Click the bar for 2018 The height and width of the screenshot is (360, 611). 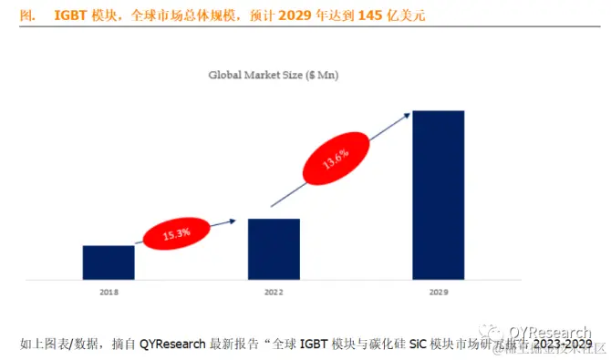pyautogui.click(x=109, y=262)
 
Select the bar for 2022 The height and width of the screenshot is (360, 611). pyautogui.click(x=274, y=249)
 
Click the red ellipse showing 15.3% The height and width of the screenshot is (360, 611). pyautogui.click(x=176, y=233)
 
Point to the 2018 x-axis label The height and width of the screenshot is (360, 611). pyautogui.click(x=109, y=293)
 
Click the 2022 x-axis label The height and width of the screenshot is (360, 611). pyautogui.click(x=274, y=293)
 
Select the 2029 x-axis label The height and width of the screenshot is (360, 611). pyautogui.click(x=439, y=293)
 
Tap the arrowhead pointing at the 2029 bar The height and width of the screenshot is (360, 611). pyautogui.click(x=407, y=115)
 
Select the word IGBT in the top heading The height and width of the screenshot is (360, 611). pyautogui.click(x=70, y=15)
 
